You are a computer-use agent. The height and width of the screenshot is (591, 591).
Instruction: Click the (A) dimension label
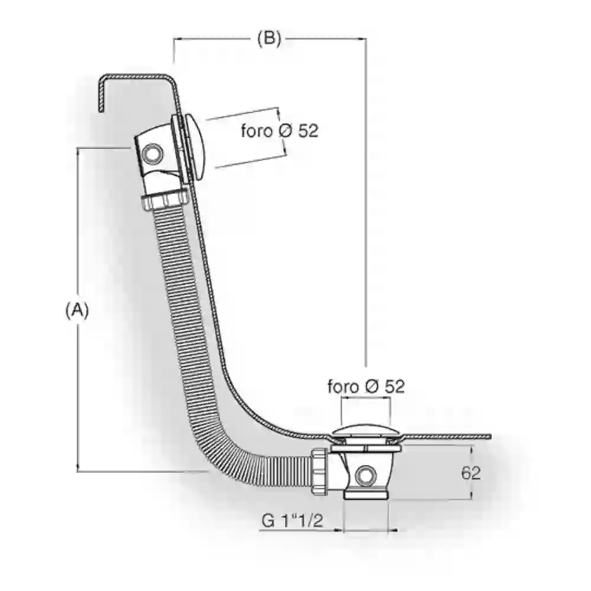point(77,310)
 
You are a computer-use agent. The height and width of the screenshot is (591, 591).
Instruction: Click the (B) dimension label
point(269,38)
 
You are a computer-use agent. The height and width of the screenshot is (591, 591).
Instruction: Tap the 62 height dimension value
point(471,473)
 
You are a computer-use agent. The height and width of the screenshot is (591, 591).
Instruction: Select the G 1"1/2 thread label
point(293,521)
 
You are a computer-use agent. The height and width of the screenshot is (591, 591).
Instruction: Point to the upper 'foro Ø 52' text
point(280,131)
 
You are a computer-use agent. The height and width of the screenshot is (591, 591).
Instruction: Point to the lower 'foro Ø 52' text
point(366,387)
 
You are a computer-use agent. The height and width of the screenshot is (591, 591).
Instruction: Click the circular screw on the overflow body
point(152,154)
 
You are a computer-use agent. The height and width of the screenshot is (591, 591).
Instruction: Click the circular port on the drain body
point(366,476)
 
